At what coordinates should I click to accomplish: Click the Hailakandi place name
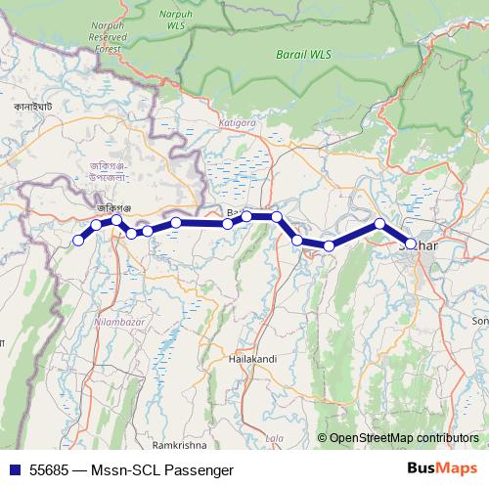coord(252,359)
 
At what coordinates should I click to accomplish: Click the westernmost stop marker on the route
coord(78,241)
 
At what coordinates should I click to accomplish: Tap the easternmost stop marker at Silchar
coord(412,244)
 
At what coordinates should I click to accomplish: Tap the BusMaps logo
coord(442,469)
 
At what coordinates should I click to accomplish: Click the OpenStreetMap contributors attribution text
coord(404,439)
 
